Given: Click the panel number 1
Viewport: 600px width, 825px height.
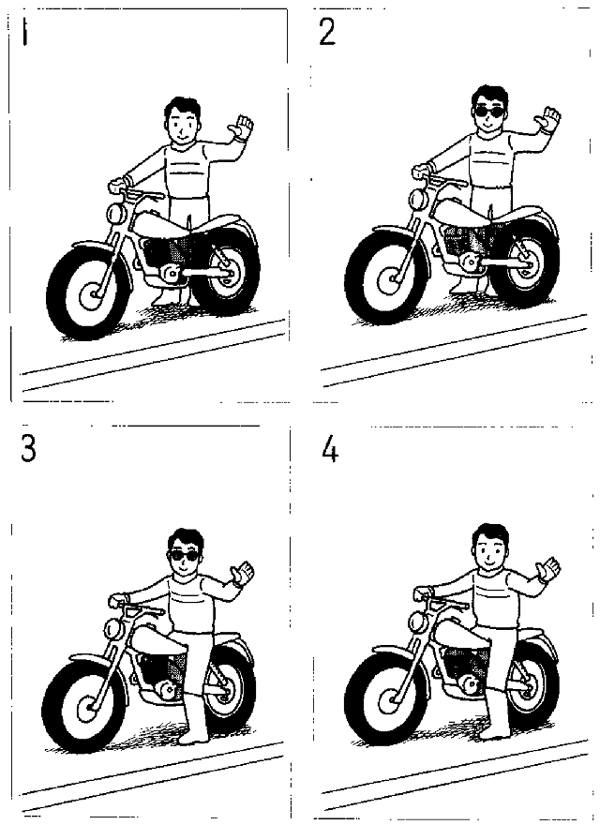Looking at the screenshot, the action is pos(24,33).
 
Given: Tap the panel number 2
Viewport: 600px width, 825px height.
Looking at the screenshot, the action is pos(327,33).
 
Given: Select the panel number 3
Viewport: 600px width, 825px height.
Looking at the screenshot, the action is pos(28,449).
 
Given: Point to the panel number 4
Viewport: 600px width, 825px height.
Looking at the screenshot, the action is pos(330,450).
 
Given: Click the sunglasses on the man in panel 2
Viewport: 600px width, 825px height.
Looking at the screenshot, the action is pos(490,112).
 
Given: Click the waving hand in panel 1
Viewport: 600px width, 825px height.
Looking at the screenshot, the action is pos(241,127).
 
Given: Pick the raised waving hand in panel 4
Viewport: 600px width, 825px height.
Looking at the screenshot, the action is pos(547,569).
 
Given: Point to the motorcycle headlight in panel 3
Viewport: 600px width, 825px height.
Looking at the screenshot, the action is pos(112,628).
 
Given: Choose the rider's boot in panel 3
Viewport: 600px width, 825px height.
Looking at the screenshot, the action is pos(194,721).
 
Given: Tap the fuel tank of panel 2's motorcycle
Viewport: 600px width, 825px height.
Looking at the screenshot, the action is pos(463,212).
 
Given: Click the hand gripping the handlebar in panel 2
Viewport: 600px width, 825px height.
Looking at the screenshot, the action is pos(421,171).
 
